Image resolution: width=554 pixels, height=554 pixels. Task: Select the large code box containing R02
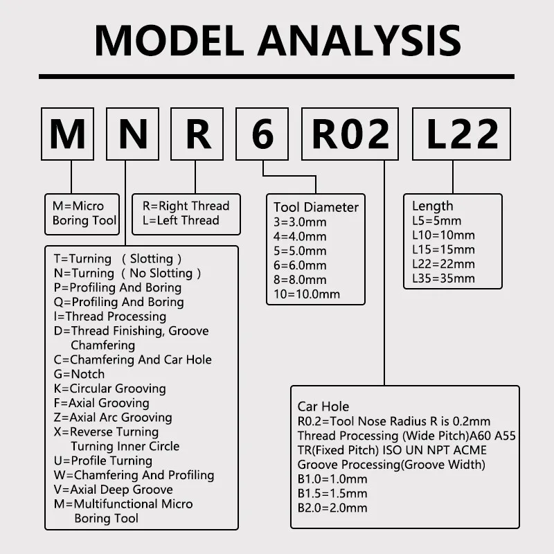[350, 134]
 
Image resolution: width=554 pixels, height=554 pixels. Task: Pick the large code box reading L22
[461, 134]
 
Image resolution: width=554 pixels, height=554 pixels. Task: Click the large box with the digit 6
[262, 134]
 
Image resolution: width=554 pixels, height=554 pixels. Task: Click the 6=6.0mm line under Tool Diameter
[300, 265]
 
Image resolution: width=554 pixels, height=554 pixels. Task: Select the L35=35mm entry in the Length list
[443, 278]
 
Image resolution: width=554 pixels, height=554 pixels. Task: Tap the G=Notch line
[79, 374]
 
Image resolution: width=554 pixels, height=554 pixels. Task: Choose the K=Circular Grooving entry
[109, 388]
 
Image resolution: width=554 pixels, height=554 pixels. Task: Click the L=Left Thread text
[181, 220]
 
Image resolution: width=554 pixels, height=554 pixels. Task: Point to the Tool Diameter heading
[316, 207]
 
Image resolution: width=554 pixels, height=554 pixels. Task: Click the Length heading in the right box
[432, 206]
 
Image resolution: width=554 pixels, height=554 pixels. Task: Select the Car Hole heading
[323, 406]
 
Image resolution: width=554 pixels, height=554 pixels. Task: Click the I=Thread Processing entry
[109, 316]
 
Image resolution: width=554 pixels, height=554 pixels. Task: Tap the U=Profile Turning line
[102, 461]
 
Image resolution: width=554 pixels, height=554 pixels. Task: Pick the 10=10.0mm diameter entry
[307, 294]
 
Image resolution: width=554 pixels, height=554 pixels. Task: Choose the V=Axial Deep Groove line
[113, 490]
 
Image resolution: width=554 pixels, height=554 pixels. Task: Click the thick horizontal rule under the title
[277, 76]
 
